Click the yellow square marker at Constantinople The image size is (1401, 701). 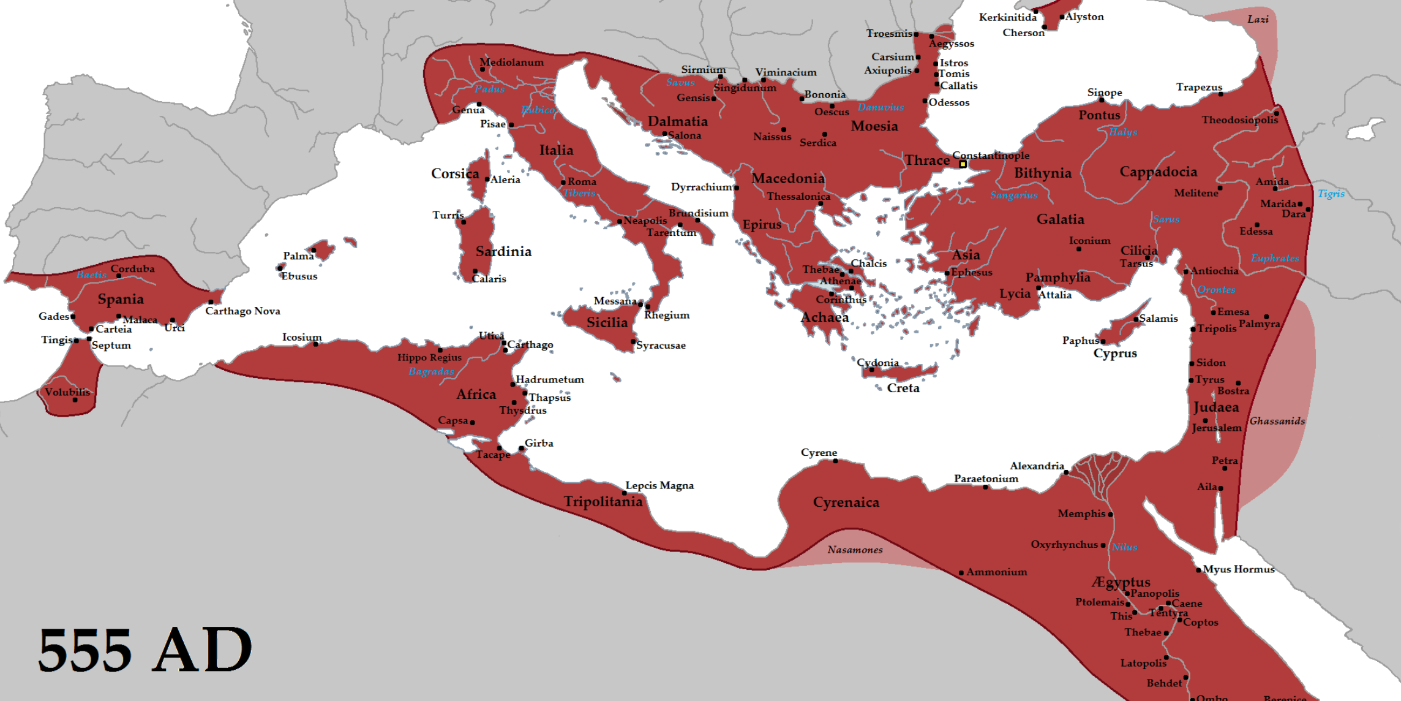tap(963, 164)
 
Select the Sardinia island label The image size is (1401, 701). tap(503, 252)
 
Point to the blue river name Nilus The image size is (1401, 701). tap(1124, 547)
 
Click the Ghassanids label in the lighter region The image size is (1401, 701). tap(1277, 421)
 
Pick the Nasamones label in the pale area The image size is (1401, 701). tap(855, 550)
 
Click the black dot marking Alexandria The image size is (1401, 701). tap(1066, 472)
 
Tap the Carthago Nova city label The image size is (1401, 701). tap(242, 311)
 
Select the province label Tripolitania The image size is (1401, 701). tap(603, 502)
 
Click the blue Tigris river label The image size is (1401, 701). tap(1331, 194)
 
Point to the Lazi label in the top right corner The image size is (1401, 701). tap(1258, 20)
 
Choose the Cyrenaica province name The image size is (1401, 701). tap(846, 502)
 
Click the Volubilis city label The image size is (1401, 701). tap(67, 392)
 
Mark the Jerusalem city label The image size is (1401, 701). tap(1217, 428)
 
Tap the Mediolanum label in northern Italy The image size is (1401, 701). tap(511, 63)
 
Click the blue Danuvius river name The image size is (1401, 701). tap(881, 107)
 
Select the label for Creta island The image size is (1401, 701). tap(903, 388)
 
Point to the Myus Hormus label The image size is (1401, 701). tap(1238, 569)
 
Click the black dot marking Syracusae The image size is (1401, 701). tap(633, 342)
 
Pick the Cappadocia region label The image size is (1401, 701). tap(1158, 172)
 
